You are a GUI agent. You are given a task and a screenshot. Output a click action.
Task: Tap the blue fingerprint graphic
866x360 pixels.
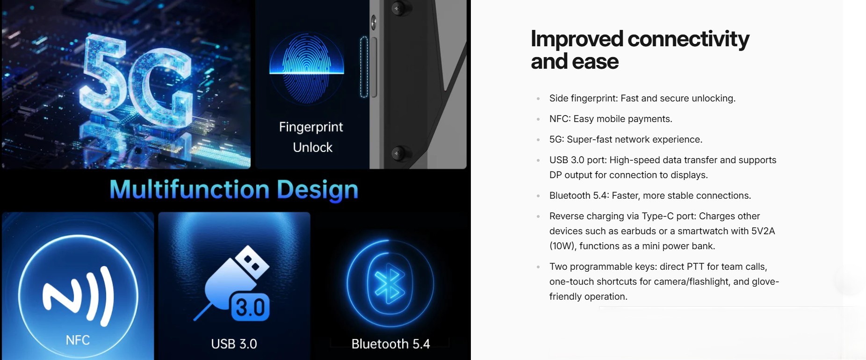coord(307,68)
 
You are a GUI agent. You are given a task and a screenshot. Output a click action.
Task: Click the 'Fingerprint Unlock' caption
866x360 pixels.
coord(311,137)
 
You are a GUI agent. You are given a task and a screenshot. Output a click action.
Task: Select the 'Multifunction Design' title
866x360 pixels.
coord(234,190)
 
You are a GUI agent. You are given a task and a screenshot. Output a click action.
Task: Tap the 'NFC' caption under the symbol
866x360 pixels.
coord(78,340)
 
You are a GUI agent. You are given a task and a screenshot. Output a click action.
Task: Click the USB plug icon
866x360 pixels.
coord(232,283)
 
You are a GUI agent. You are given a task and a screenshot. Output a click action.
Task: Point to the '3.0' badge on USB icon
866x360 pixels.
coord(250,308)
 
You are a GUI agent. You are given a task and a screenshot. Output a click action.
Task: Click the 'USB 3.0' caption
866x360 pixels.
coord(234,344)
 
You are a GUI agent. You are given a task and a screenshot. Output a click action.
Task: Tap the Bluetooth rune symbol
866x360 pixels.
coord(390,284)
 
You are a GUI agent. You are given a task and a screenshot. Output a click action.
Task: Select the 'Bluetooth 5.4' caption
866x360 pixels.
coord(390,344)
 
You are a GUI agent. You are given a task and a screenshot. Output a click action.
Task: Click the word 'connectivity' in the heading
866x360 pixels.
coord(688,39)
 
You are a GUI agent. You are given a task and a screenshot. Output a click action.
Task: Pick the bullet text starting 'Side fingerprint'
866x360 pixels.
coord(642,98)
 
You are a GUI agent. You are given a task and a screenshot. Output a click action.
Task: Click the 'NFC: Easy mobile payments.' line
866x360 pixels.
coord(611,119)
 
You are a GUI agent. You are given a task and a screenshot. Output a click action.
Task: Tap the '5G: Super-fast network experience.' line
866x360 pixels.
coord(626,139)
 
